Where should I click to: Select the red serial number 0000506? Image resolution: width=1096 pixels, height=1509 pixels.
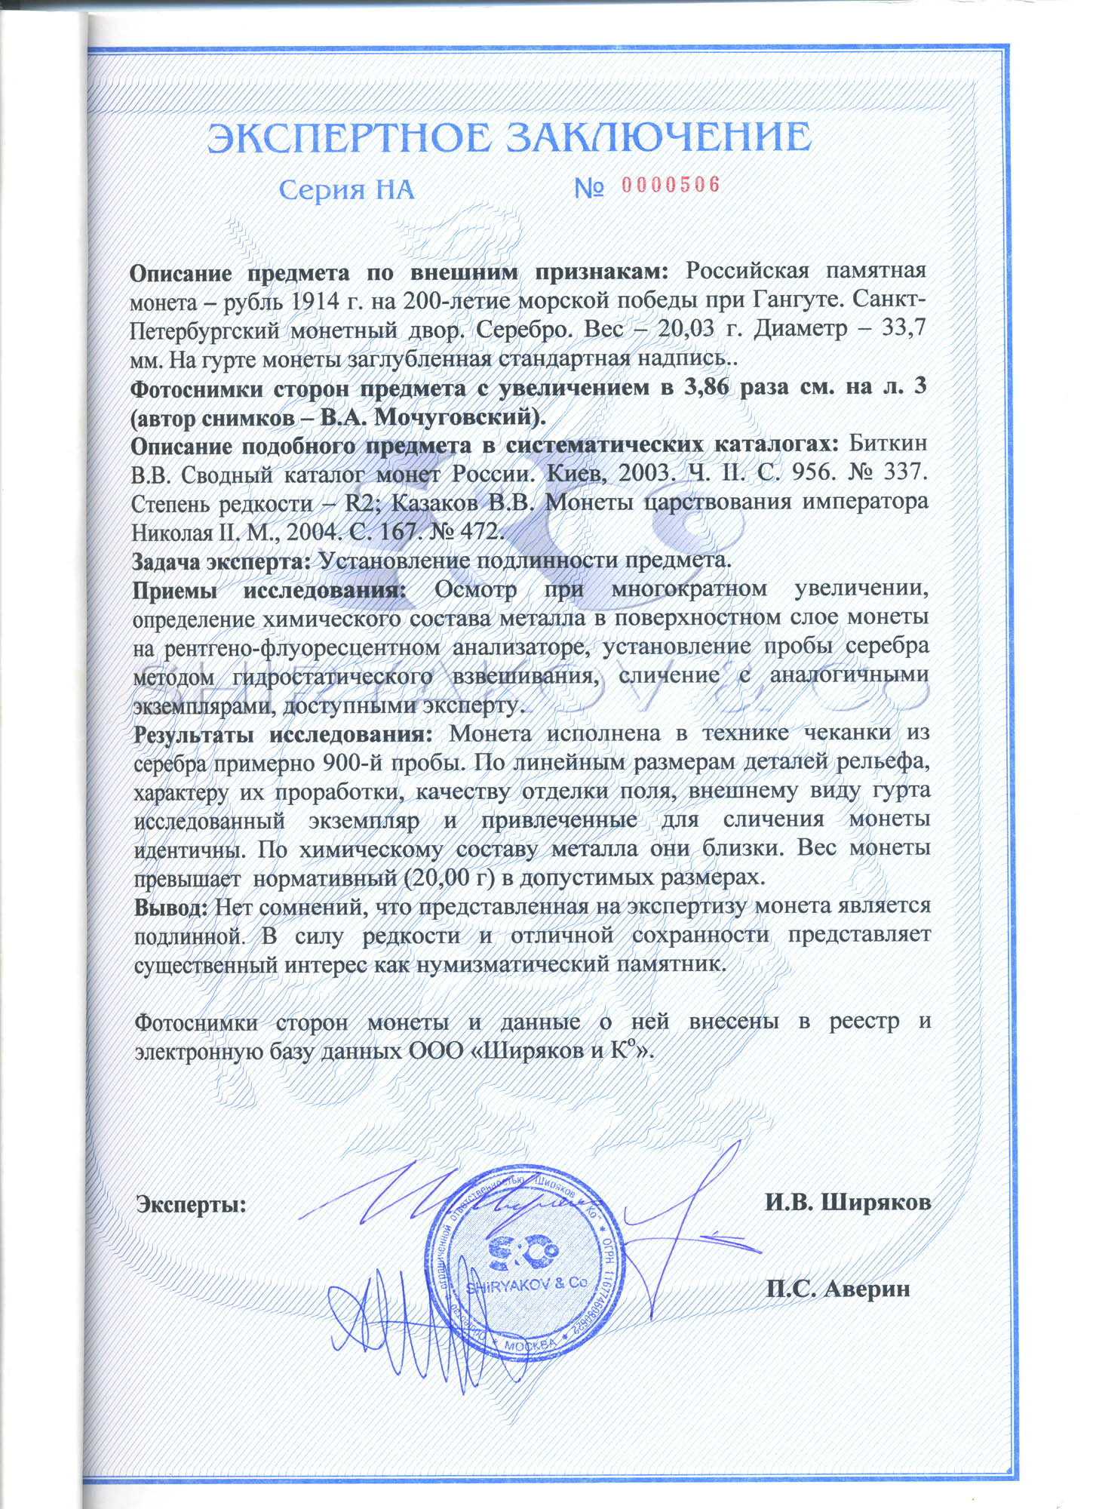(x=671, y=186)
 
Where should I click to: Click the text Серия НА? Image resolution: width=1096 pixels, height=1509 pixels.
(x=346, y=189)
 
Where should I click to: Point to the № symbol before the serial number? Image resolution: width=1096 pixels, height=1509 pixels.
(x=588, y=188)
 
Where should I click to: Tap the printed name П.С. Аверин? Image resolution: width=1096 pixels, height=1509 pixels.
(x=838, y=1289)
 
